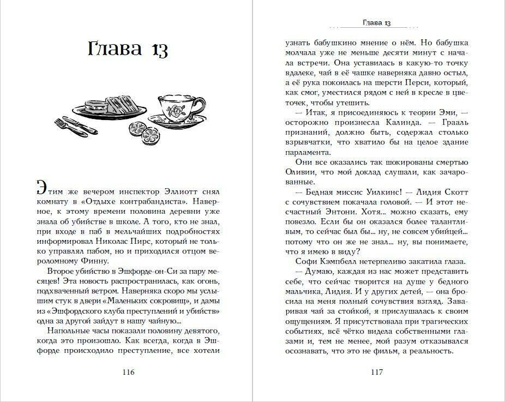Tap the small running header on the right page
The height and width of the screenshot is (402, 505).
(376, 23)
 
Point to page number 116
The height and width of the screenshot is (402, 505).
(129, 373)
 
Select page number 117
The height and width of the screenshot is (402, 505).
(376, 373)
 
